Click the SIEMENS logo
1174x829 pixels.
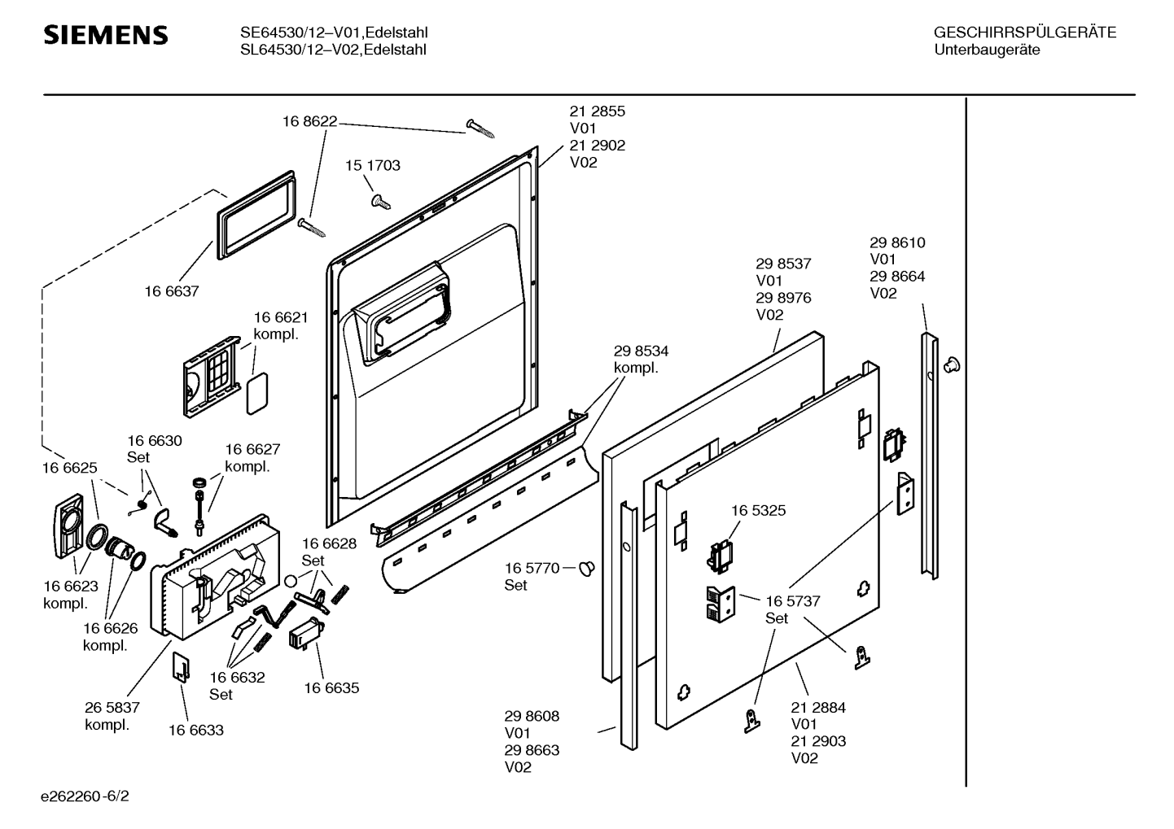tap(105, 35)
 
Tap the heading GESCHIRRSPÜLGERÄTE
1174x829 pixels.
tap(1025, 33)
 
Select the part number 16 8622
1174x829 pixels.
tap(309, 121)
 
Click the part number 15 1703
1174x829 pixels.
tap(372, 165)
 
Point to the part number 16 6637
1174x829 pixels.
tap(172, 291)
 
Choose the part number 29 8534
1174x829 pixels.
tap(641, 351)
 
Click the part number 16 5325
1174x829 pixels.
tap(759, 511)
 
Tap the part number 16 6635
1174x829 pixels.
tap(331, 688)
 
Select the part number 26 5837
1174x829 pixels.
tap(112, 708)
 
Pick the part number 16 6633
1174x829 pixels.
tap(196, 731)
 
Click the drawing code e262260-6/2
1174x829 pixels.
tap(85, 796)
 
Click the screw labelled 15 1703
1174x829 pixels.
tap(380, 202)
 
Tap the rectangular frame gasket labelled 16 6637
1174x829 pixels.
tap(256, 215)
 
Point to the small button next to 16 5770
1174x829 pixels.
tap(587, 568)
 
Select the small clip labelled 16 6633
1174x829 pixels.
tap(181, 668)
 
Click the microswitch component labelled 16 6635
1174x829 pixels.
tap(305, 635)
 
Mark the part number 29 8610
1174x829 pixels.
tap(897, 243)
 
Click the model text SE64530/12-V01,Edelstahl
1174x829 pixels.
tap(334, 33)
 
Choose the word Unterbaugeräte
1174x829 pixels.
tap(987, 50)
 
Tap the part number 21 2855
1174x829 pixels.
tap(598, 111)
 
